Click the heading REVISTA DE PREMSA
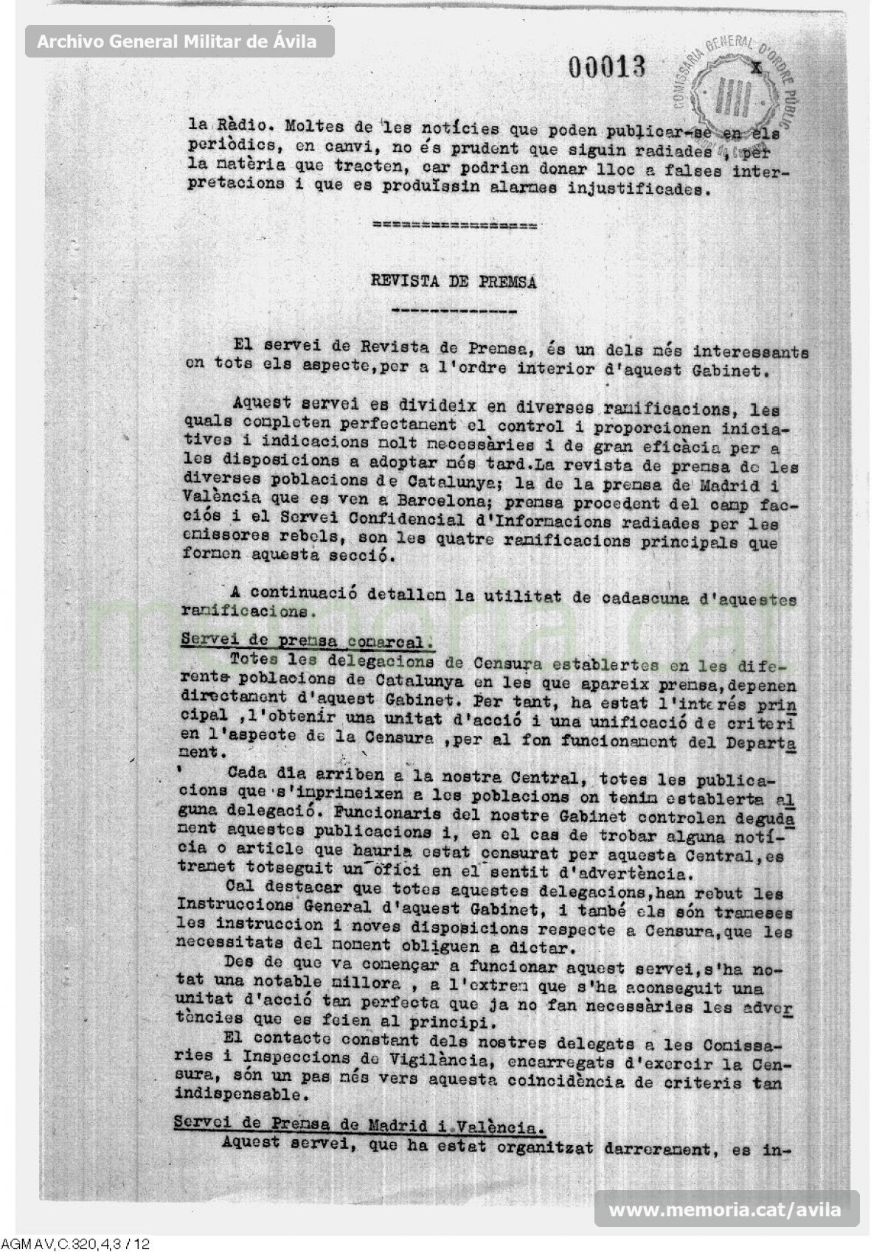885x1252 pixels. tap(454, 282)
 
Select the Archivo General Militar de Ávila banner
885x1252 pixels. tap(177, 41)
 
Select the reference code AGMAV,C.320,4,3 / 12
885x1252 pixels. tap(76, 1244)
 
